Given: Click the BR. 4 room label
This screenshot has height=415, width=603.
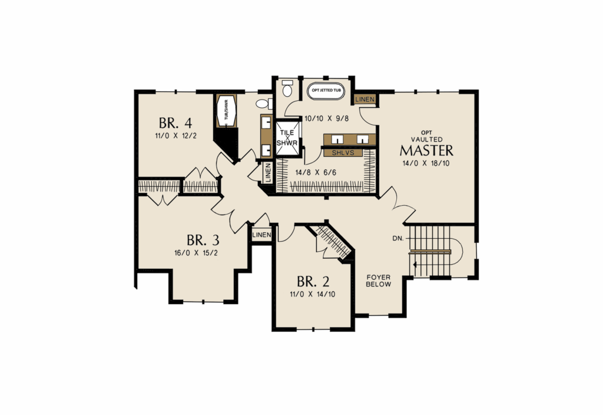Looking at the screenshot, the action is point(175,123).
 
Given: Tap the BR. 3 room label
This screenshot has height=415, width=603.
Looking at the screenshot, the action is point(203,241).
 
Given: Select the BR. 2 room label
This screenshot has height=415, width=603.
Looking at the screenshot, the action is point(313,282).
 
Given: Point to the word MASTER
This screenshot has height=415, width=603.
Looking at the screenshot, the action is point(426,150).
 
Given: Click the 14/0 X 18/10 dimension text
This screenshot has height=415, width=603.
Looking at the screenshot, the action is point(426,163).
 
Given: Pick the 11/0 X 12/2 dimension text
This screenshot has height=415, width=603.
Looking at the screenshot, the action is point(175,136).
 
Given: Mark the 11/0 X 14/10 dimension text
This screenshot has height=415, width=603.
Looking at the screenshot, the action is point(312,295).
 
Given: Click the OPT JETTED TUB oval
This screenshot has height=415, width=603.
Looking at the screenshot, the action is point(326,91).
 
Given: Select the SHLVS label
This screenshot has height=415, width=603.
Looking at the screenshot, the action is point(342,153).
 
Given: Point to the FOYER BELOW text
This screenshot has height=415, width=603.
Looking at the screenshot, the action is point(379,281).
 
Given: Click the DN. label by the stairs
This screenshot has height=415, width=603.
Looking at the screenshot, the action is point(398,239).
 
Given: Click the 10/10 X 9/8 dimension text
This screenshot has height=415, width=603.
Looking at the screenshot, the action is point(326,118).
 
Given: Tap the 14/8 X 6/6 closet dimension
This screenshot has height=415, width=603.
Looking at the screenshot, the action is point(316,173).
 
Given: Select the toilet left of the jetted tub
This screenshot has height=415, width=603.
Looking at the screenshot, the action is point(287,88).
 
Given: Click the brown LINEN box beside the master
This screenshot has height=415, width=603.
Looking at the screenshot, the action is point(365,99).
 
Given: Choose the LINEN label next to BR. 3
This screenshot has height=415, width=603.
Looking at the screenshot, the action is point(261,235).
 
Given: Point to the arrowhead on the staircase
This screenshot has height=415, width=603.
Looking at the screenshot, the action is point(415,265).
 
